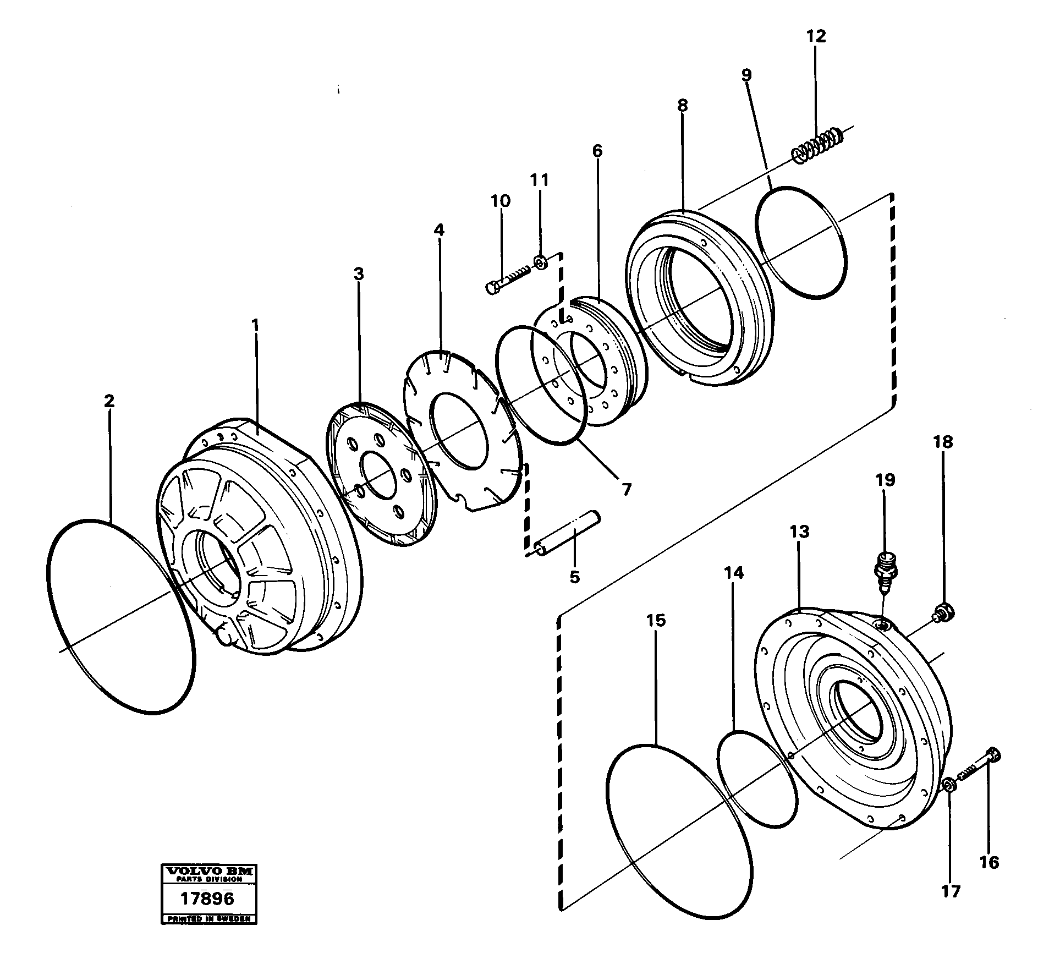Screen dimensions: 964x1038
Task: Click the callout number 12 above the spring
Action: click(x=816, y=36)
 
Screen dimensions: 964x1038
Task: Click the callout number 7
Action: click(x=626, y=489)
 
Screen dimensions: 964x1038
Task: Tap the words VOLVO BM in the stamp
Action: click(x=208, y=871)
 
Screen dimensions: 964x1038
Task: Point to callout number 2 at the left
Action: click(x=109, y=401)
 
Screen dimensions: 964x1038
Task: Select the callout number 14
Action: click(x=733, y=573)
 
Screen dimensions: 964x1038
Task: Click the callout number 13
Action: click(x=800, y=532)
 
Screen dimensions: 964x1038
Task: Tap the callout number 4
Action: click(x=438, y=229)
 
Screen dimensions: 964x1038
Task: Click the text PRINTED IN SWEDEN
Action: click(x=208, y=919)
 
